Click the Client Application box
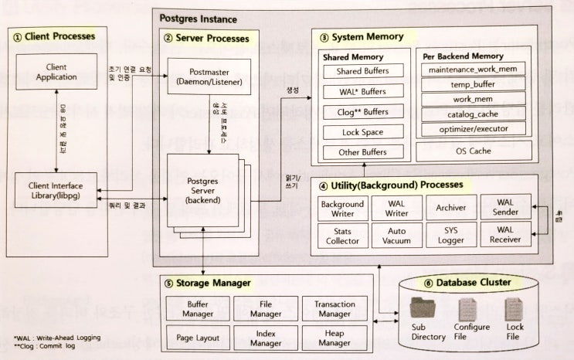(63, 72)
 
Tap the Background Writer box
(341, 209)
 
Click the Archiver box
(450, 209)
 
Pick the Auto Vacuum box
(396, 235)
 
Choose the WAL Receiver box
(504, 235)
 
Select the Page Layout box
(198, 338)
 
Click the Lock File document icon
(515, 310)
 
